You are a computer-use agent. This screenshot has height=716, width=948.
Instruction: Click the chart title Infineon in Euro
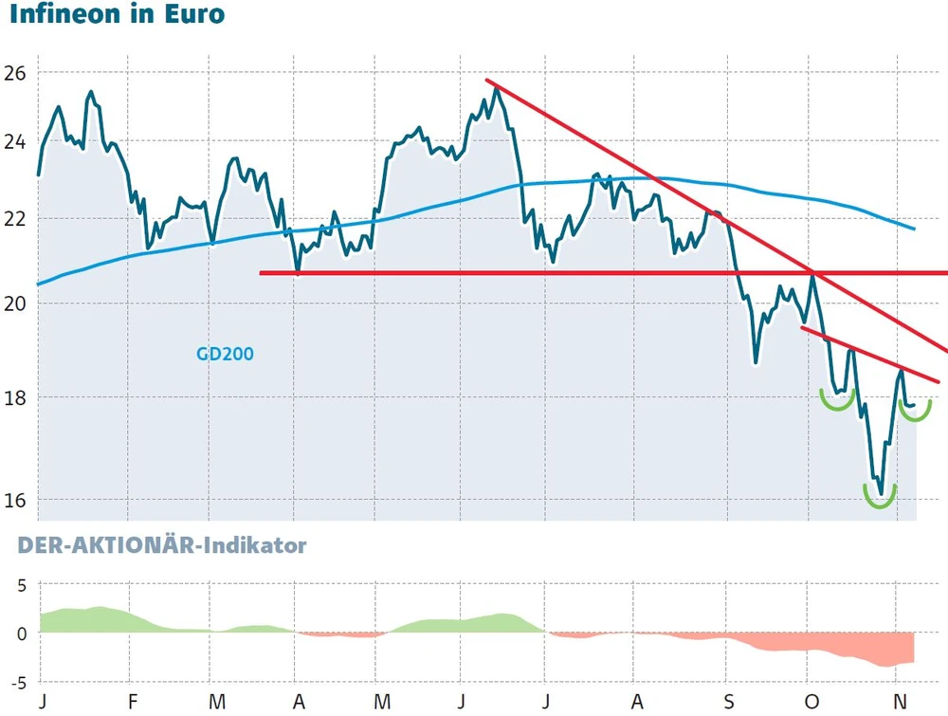pos(118,16)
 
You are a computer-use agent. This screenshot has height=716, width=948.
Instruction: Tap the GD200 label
pos(225,354)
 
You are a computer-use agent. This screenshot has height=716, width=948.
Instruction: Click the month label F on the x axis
pos(133,702)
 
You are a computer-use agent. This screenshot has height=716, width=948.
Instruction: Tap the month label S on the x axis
pos(727,702)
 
